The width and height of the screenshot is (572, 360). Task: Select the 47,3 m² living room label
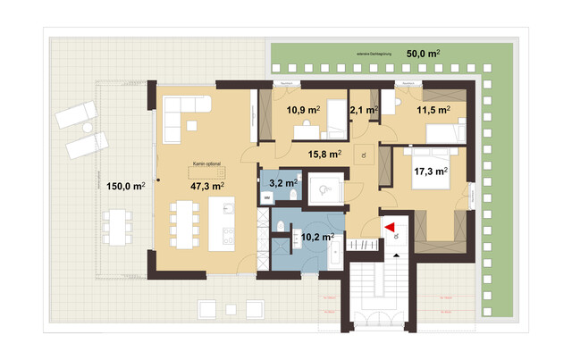point(206,186)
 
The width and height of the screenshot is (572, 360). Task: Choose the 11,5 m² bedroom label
point(433,110)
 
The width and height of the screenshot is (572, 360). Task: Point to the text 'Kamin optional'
point(206,165)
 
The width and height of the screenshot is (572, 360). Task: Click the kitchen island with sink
point(223,222)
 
